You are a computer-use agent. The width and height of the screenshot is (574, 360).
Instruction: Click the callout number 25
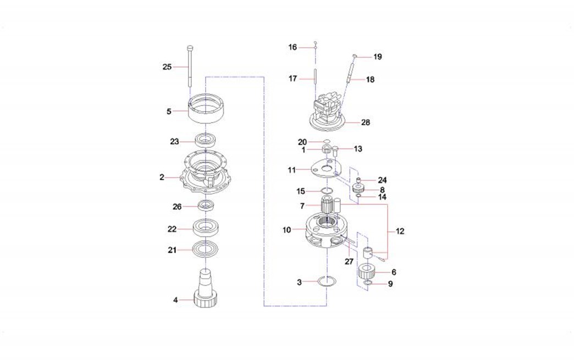pyautogui.click(x=167, y=67)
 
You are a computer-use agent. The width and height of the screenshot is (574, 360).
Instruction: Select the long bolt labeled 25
pyautogui.click(x=190, y=66)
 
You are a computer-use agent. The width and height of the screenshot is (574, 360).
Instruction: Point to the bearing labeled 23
pyautogui.click(x=207, y=141)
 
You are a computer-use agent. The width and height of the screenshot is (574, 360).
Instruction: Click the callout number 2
pyautogui.click(x=162, y=178)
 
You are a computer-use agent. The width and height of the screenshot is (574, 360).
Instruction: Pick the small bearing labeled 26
pyautogui.click(x=206, y=206)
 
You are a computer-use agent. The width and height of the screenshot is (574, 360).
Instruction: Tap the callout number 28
pyautogui.click(x=366, y=122)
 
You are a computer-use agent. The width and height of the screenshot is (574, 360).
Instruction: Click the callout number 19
pyautogui.click(x=377, y=57)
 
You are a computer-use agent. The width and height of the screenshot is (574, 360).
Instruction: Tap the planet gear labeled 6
pyautogui.click(x=367, y=272)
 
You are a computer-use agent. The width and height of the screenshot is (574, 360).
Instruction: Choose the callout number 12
pyautogui.click(x=400, y=231)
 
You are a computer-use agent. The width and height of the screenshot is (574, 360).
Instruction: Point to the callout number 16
pyautogui.click(x=292, y=47)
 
